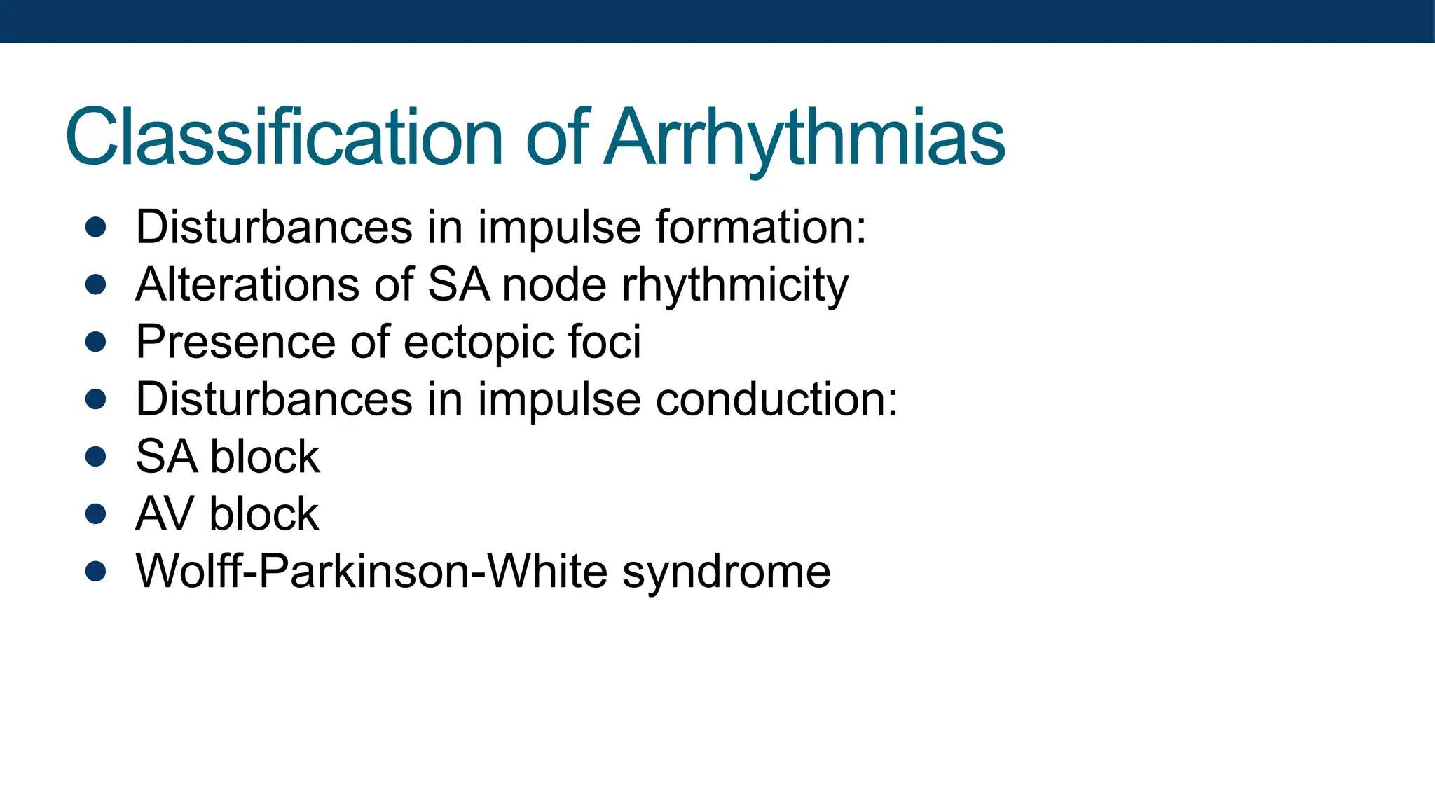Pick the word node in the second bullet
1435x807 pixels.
pyautogui.click(x=554, y=284)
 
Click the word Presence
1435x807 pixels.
pyautogui.click(x=235, y=342)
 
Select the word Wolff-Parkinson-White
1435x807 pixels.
pyautogui.click(x=372, y=572)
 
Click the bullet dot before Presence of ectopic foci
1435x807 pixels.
pyautogui.click(x=95, y=342)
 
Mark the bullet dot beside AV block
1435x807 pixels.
pyautogui.click(x=95, y=514)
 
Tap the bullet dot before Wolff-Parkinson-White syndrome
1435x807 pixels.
pyautogui.click(x=95, y=572)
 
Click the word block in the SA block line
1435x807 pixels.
pyautogui.click(x=265, y=457)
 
